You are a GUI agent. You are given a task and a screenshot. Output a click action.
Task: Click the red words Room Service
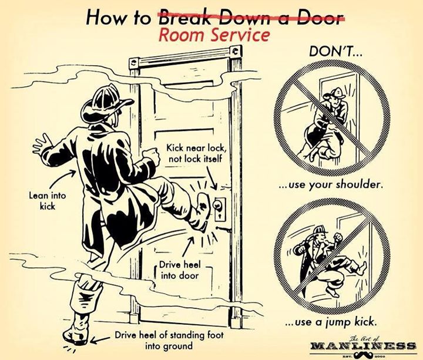(x=214, y=35)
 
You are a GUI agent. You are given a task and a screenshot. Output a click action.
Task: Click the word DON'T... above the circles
(x=335, y=51)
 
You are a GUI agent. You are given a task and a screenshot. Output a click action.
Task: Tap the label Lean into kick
(x=47, y=201)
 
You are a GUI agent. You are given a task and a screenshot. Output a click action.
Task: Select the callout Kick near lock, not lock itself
(x=195, y=153)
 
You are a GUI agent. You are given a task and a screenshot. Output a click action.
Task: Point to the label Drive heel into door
(x=180, y=270)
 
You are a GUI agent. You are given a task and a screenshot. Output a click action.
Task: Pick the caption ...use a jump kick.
(x=331, y=322)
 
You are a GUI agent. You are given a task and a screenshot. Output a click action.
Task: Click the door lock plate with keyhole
(x=220, y=210)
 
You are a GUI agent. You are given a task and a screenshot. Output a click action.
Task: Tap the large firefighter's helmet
(x=106, y=104)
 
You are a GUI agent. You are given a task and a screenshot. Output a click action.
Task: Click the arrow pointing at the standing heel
(x=100, y=339)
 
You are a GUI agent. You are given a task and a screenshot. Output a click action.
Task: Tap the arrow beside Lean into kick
(x=62, y=179)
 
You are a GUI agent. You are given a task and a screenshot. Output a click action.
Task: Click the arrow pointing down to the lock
(x=211, y=177)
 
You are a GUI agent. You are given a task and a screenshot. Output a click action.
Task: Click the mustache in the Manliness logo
(x=362, y=354)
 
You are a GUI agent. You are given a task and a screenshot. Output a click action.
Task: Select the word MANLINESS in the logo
(x=363, y=346)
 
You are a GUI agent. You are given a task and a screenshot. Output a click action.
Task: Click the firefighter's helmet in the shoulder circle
(x=337, y=93)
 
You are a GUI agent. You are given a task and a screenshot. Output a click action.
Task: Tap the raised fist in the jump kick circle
(x=338, y=237)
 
